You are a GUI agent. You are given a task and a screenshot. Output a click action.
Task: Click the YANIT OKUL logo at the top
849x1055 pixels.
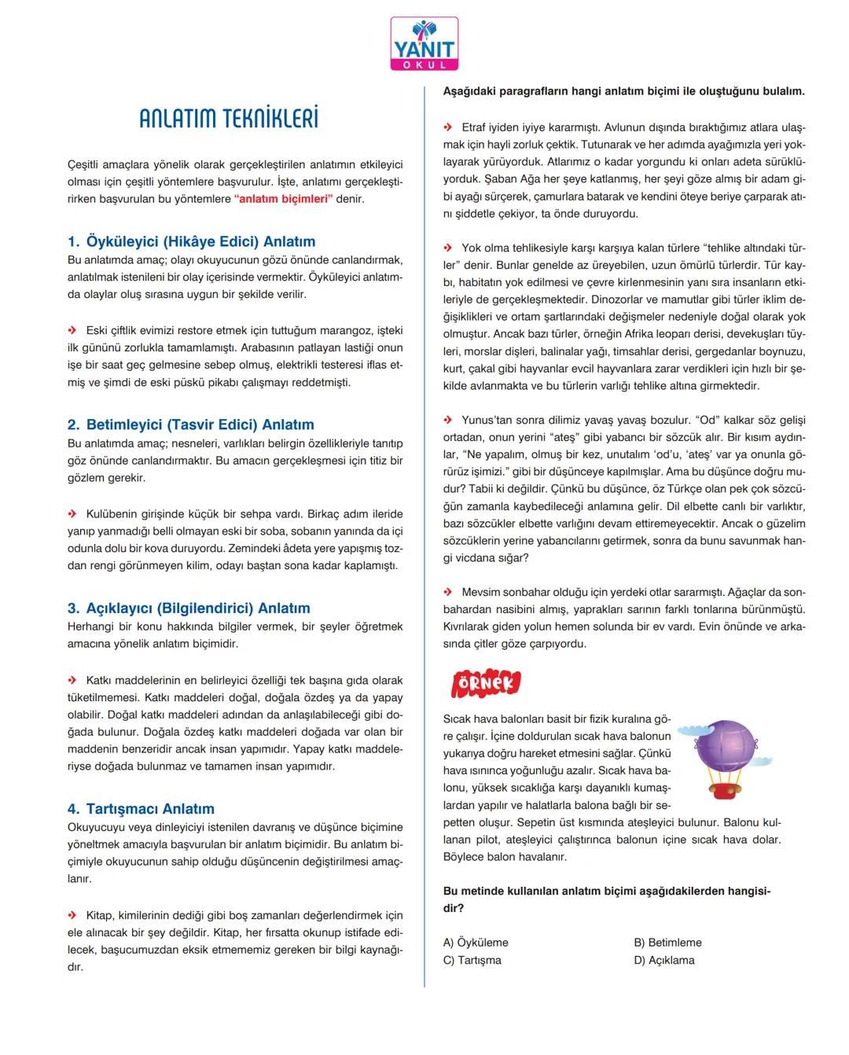(424, 44)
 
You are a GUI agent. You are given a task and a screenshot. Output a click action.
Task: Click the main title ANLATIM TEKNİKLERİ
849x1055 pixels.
(229, 119)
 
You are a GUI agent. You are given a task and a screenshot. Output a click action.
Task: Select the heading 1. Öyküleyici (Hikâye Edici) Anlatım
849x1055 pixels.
(191, 241)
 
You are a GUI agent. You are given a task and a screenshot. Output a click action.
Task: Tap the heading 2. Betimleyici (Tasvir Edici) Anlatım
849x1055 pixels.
(190, 425)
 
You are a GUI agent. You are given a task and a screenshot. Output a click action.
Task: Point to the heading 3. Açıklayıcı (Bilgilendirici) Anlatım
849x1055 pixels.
(189, 608)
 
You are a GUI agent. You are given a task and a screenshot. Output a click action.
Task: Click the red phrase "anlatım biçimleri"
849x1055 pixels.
(284, 199)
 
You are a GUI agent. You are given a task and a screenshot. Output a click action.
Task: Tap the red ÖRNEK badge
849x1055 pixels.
(486, 683)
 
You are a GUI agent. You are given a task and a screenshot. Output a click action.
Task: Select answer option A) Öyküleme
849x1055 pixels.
(476, 943)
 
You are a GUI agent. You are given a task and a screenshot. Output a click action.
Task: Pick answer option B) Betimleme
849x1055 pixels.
(667, 943)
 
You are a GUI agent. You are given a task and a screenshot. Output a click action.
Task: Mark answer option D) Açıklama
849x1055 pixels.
(663, 960)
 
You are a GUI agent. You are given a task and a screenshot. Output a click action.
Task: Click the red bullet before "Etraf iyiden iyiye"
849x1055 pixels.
(448, 127)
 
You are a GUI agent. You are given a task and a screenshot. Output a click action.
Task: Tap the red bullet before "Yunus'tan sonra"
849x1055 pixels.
(448, 421)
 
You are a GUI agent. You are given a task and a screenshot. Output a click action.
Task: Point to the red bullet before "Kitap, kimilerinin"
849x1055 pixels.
(72, 915)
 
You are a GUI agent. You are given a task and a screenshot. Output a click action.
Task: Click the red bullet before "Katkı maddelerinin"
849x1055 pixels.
(72, 681)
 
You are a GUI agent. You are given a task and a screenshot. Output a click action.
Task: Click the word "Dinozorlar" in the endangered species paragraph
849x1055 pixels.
(618, 300)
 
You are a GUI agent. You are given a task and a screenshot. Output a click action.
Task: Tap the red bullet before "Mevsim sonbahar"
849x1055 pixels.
(448, 592)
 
